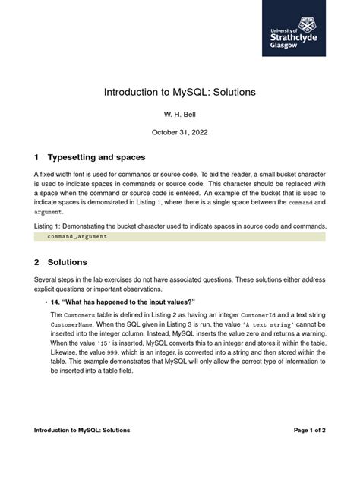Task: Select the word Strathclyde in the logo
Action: click(293, 36)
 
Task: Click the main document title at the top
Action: click(180, 92)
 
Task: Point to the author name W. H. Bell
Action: click(180, 115)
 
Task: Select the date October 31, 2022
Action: click(180, 132)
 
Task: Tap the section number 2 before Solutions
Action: click(36, 262)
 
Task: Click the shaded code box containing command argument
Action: click(180, 237)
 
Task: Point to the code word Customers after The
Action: click(80, 314)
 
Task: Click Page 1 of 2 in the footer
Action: click(309, 430)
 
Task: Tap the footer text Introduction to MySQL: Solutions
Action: click(82, 430)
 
